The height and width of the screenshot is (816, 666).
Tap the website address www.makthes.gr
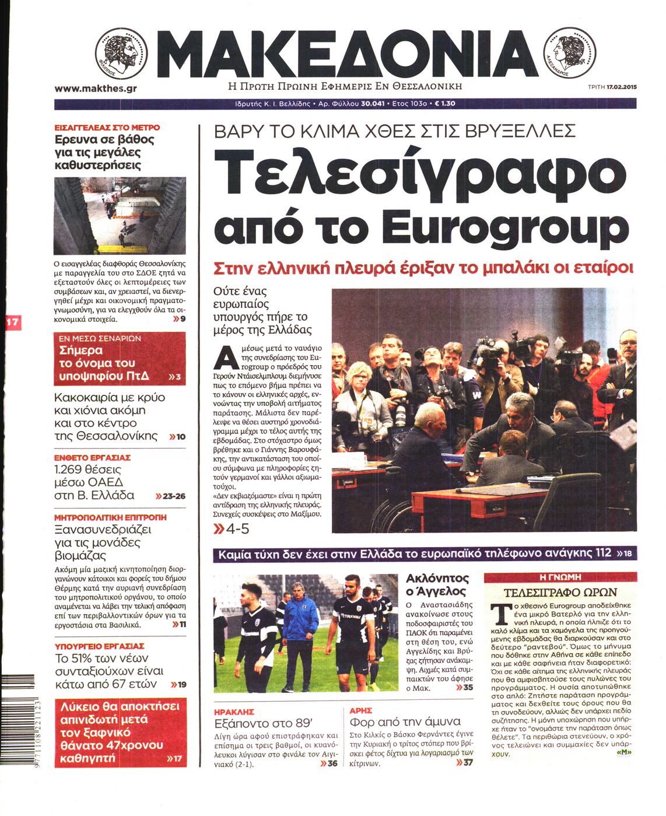pos(96,89)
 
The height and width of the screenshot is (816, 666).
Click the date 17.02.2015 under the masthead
pos(621,87)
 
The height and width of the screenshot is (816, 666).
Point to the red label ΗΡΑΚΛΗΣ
pos(234,712)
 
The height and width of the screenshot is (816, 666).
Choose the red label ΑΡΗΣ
pos(360,711)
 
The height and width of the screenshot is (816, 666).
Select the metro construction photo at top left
pos(120,216)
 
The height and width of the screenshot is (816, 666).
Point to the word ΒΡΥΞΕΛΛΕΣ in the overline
pos(520,130)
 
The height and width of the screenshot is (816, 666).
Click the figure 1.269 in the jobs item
pos(71,470)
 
